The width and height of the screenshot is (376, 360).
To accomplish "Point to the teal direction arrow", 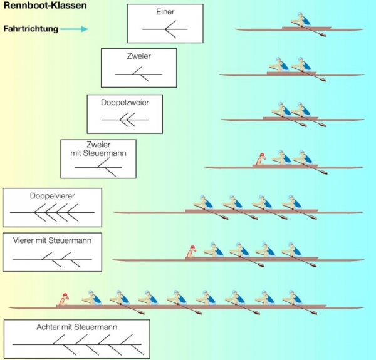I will coord(75,29).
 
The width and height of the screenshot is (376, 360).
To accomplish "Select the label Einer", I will coord(165,12).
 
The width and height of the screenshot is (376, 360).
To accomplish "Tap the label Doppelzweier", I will coord(125,102).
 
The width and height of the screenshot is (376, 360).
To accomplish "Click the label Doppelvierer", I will coord(52,196).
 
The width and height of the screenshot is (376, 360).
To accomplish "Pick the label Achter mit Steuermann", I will coord(76,327).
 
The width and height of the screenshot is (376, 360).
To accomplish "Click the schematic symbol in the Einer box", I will coord(165,29).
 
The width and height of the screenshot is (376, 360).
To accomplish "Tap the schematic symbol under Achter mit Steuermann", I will coord(76,345).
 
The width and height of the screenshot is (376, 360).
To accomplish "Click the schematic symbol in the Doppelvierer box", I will coord(52,213).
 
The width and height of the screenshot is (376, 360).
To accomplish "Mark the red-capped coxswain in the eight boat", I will coord(63,299).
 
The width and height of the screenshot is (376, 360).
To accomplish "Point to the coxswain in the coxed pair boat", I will coord(260,160).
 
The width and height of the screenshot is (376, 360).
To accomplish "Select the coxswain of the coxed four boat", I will coord(191,252).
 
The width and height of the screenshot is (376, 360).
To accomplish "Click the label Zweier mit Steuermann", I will coord(98,148).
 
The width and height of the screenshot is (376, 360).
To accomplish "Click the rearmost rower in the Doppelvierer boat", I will coord(202,203).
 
